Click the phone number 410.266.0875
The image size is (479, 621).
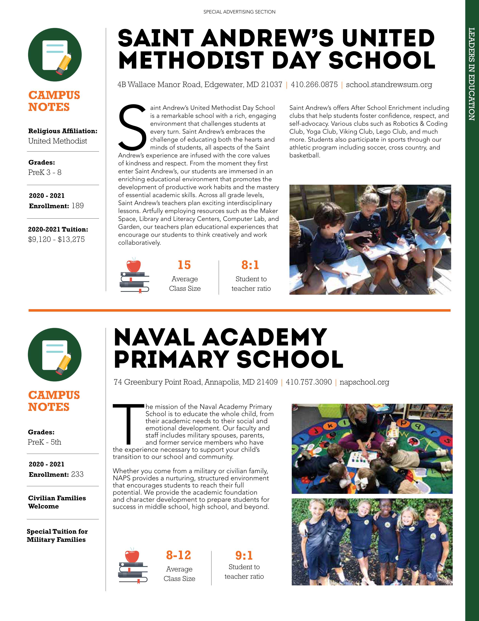pyautogui.click(x=314, y=85)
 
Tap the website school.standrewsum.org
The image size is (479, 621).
pyautogui.click(x=389, y=85)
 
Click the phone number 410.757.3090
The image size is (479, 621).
pyautogui.click(x=309, y=382)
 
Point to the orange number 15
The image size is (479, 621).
pyautogui.click(x=184, y=265)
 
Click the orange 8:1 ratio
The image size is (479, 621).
pyautogui.click(x=250, y=265)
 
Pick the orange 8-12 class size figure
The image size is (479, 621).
pyautogui.click(x=178, y=555)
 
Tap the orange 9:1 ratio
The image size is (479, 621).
pyautogui.click(x=244, y=556)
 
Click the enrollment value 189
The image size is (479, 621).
pyautogui.click(x=78, y=206)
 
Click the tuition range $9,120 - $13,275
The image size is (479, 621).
pyautogui.click(x=56, y=239)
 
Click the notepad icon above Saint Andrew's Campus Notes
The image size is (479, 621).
pyautogui.click(x=55, y=55)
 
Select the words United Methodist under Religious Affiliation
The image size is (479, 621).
pyautogui.click(x=58, y=141)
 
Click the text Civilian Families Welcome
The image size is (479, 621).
pyautogui.click(x=57, y=502)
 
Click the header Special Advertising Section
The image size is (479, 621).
pyautogui.click(x=239, y=12)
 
